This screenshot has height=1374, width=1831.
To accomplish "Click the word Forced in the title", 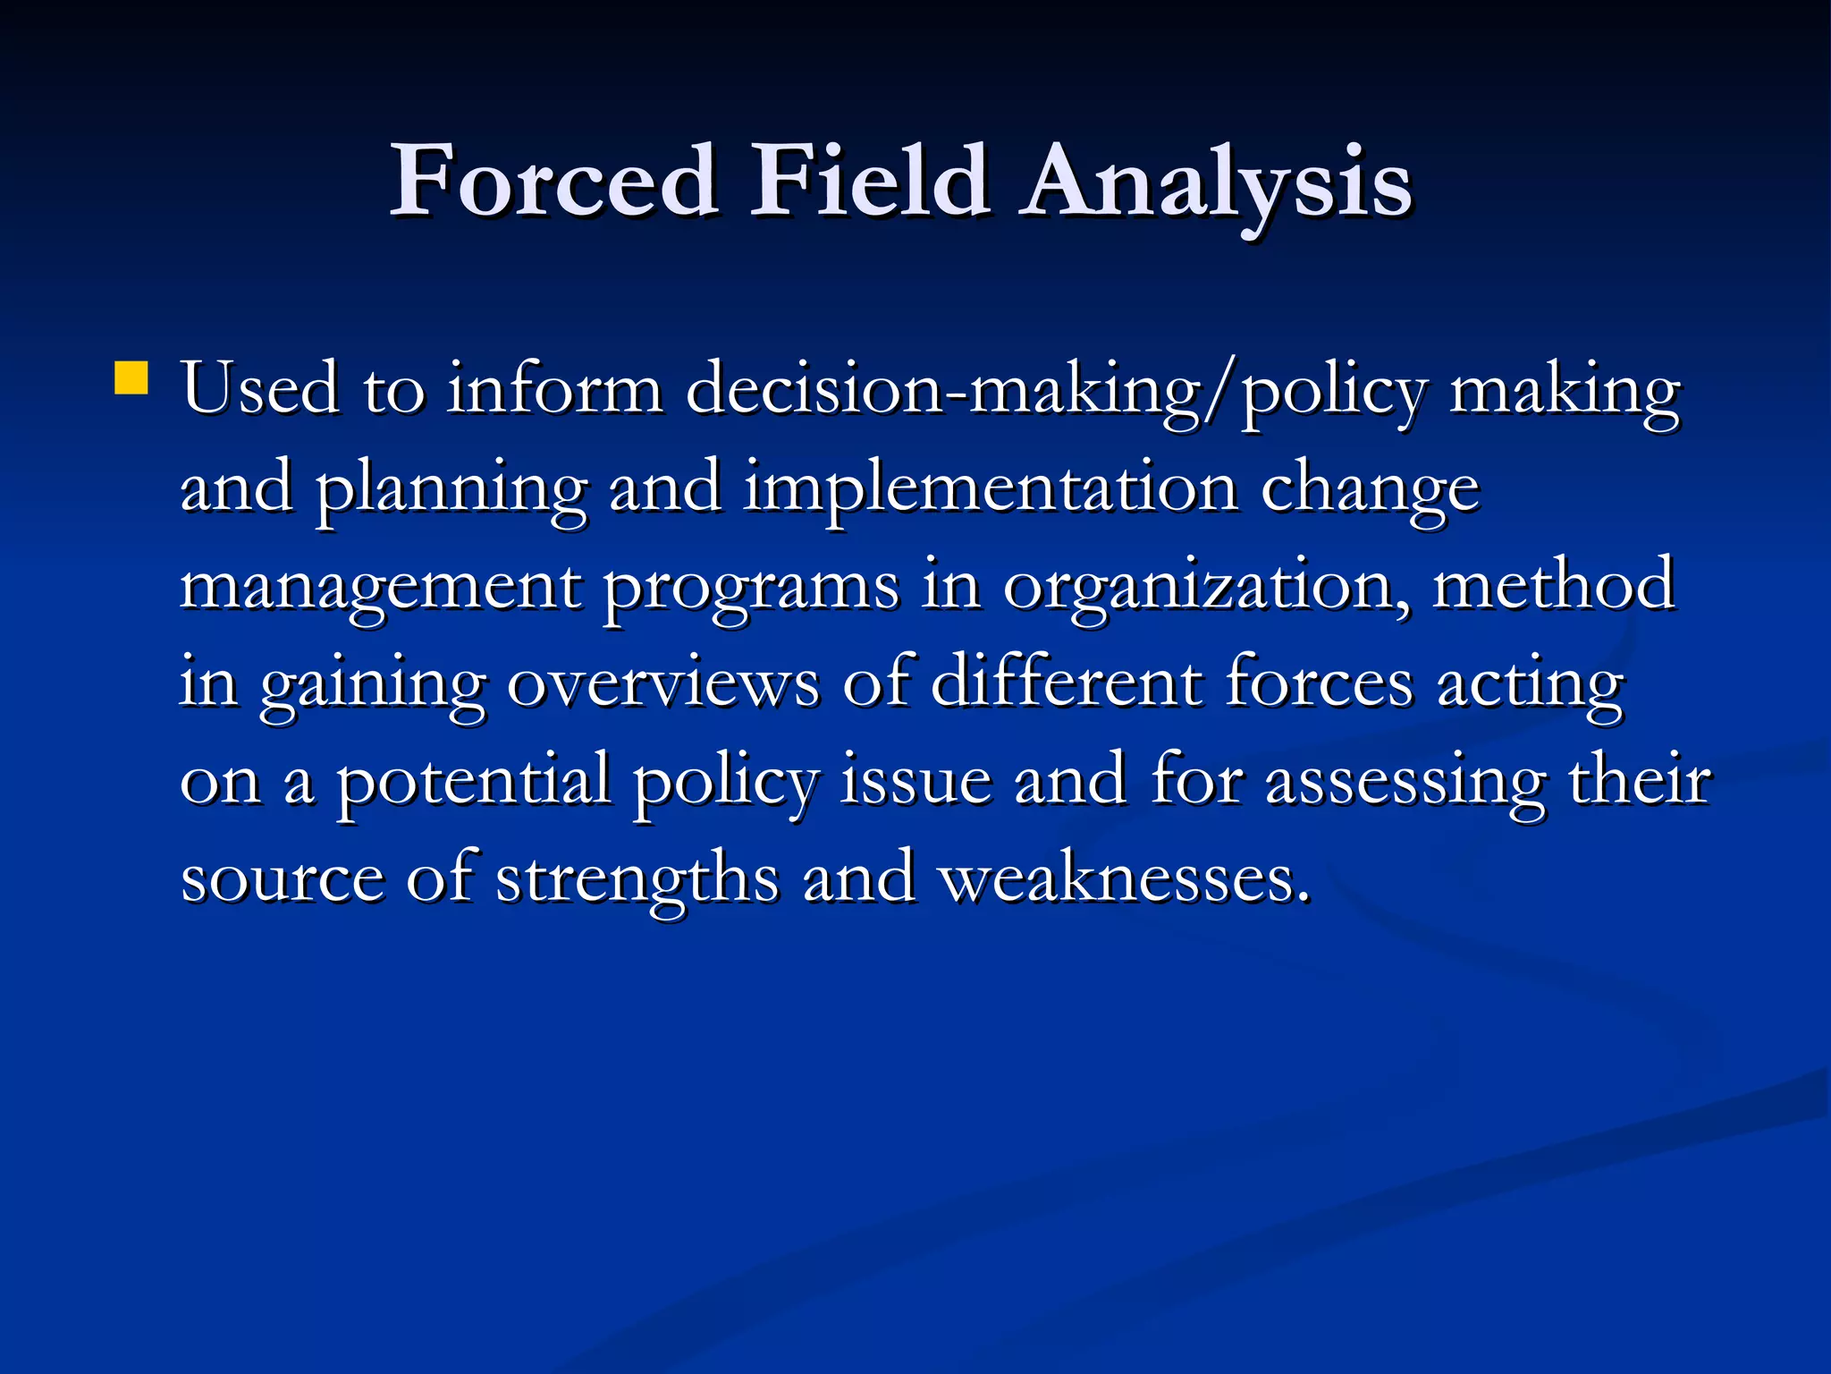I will [554, 182].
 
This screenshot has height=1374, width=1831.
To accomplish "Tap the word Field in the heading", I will [869, 182].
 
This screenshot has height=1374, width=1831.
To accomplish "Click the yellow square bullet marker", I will [131, 377].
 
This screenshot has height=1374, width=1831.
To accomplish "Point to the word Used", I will [260, 390].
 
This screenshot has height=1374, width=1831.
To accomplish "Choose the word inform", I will [554, 390].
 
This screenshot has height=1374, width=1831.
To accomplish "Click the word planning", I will [451, 490].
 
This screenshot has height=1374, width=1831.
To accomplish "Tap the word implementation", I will [991, 490].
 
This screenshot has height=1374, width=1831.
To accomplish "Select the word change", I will [1370, 490].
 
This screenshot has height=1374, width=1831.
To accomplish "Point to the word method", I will [1554, 586].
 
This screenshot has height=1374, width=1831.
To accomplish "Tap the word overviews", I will [663, 684].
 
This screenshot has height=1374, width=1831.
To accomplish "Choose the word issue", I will [915, 781].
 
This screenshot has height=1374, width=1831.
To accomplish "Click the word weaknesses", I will [1125, 879].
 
